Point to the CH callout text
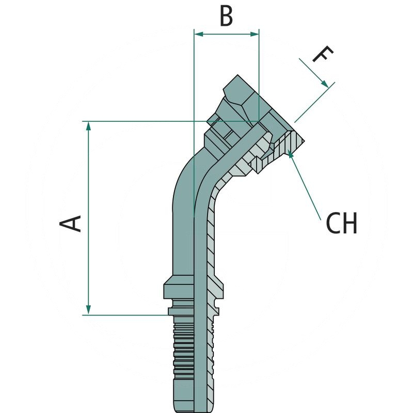341,224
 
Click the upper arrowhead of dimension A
89,125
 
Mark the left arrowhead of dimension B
198,34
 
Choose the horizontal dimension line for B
226,34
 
